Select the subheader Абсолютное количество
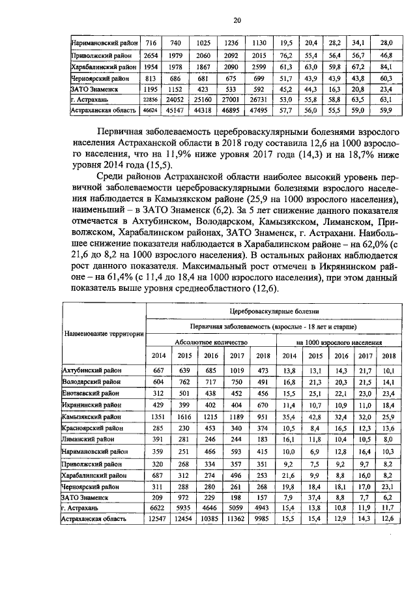(x=210, y=342)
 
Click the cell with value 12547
(x=159, y=518)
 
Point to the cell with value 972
(x=184, y=496)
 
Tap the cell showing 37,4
(x=315, y=496)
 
